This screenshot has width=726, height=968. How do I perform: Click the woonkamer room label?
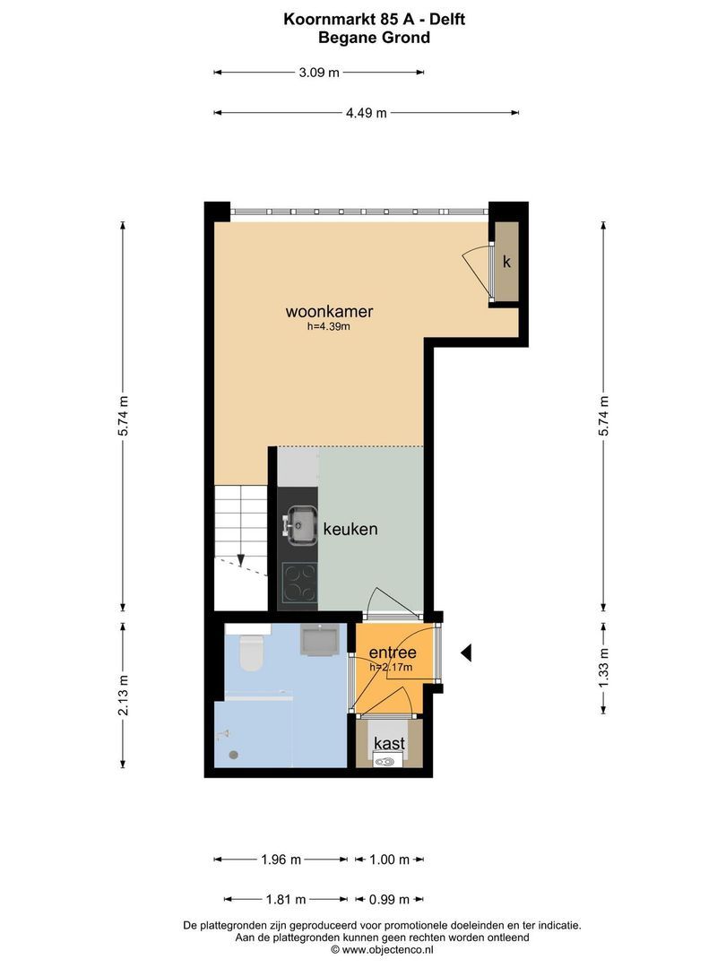pyautogui.click(x=329, y=311)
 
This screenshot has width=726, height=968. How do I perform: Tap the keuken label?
pyautogui.click(x=350, y=529)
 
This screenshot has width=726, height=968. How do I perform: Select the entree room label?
pyautogui.click(x=393, y=653)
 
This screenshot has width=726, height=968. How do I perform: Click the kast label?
pyautogui.click(x=390, y=743)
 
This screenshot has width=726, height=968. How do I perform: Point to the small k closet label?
pyautogui.click(x=506, y=262)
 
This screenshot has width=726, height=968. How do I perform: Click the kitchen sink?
pyautogui.click(x=300, y=526)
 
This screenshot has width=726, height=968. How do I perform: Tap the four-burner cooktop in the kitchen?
pyautogui.click(x=300, y=583)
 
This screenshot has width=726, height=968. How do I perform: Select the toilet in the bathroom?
pyautogui.click(x=251, y=653)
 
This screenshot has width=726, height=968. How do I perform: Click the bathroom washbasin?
pyautogui.click(x=318, y=640)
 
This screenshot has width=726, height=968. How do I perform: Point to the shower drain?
pyautogui.click(x=233, y=755)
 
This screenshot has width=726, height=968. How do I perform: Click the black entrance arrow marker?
pyautogui.click(x=466, y=653)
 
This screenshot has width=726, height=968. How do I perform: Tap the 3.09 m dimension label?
pyautogui.click(x=319, y=73)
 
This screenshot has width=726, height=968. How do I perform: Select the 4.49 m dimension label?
pyautogui.click(x=366, y=113)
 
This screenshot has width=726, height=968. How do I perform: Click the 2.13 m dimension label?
pyautogui.click(x=124, y=696)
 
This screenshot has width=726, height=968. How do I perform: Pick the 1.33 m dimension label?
pyautogui.click(x=604, y=668)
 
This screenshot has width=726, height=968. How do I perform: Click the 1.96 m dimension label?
pyautogui.click(x=281, y=860)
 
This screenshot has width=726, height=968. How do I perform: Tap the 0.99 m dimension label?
pyautogui.click(x=390, y=900)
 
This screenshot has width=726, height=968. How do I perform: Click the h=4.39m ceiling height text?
pyautogui.click(x=328, y=326)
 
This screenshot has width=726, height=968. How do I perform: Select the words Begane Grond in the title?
pyautogui.click(x=374, y=38)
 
